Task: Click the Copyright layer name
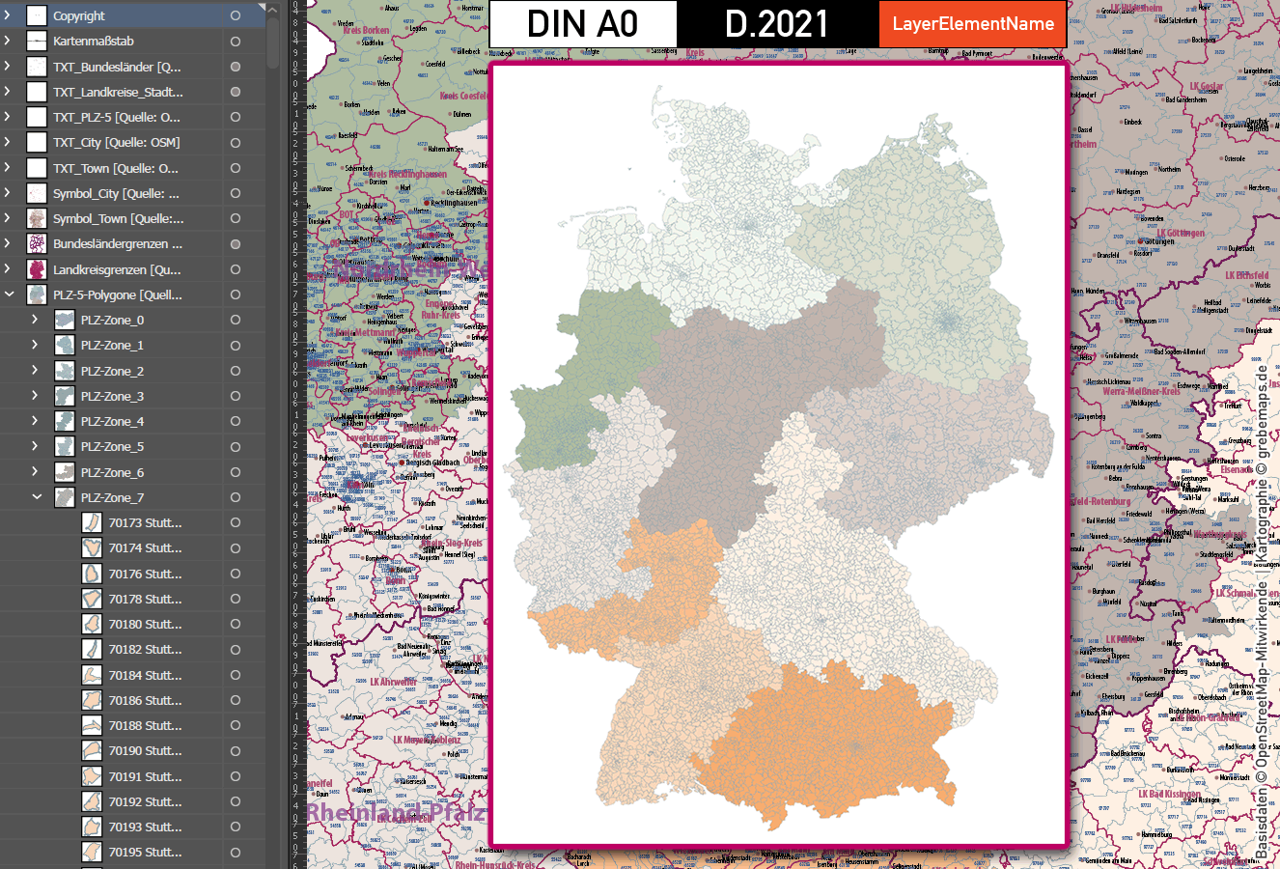[x=79, y=16]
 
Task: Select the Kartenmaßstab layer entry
[x=94, y=42]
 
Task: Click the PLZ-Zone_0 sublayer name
[x=112, y=320]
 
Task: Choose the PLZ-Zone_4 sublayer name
[x=112, y=421]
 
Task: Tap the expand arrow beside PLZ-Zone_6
[x=36, y=472]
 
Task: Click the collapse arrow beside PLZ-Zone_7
[x=37, y=497]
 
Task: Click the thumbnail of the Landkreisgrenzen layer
[x=37, y=269]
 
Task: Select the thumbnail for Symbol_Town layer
[x=37, y=219]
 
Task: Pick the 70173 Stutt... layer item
[x=145, y=522]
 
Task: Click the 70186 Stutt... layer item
[x=145, y=700]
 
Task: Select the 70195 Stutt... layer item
[x=145, y=852]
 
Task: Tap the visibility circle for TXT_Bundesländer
[x=236, y=67]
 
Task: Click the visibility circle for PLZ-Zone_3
[x=236, y=396]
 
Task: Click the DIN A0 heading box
[x=583, y=24]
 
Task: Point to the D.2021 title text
[x=777, y=24]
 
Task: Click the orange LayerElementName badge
[x=973, y=24]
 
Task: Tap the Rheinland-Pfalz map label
[x=396, y=813]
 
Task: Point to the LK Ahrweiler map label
[x=394, y=682]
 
